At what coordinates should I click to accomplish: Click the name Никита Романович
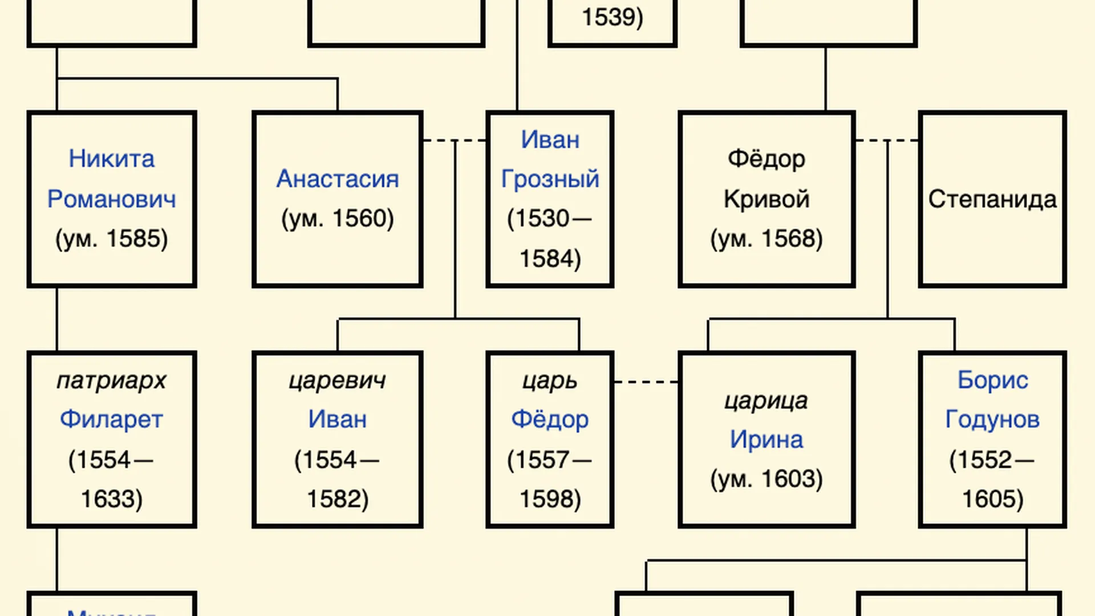click(111, 179)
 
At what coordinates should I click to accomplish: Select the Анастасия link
click(337, 179)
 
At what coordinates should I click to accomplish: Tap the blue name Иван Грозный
click(550, 159)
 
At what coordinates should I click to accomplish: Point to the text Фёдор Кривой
click(766, 179)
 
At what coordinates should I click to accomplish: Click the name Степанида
click(992, 199)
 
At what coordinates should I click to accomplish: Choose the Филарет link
click(111, 419)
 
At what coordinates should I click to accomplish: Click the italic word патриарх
click(111, 380)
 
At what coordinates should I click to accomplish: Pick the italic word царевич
click(337, 380)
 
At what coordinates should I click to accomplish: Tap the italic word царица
click(766, 400)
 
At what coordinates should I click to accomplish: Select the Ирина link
click(766, 440)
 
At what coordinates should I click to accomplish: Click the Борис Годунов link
click(992, 399)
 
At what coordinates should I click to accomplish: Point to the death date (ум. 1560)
click(337, 218)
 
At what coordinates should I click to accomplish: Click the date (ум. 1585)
click(111, 238)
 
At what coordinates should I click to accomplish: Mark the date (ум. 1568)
click(766, 238)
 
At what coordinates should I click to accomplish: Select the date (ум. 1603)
click(766, 479)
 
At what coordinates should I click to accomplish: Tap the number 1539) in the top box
click(612, 17)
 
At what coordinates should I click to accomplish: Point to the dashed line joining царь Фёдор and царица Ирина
click(646, 382)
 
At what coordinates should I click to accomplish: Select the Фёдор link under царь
click(550, 419)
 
